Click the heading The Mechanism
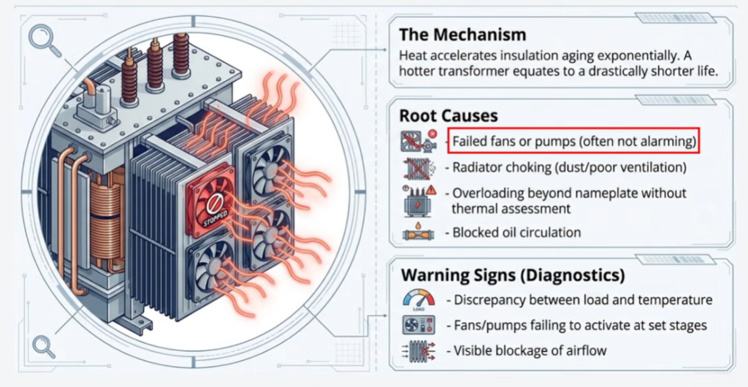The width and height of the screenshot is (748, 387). (x=462, y=34)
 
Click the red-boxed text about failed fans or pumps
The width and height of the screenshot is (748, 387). (x=573, y=140)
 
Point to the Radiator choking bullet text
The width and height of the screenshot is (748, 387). (x=570, y=167)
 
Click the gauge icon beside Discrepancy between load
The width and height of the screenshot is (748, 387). (x=419, y=299)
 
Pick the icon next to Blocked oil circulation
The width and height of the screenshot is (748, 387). (x=418, y=234)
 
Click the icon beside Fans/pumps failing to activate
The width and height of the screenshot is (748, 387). (x=419, y=325)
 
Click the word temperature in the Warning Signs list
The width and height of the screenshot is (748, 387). (x=672, y=299)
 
